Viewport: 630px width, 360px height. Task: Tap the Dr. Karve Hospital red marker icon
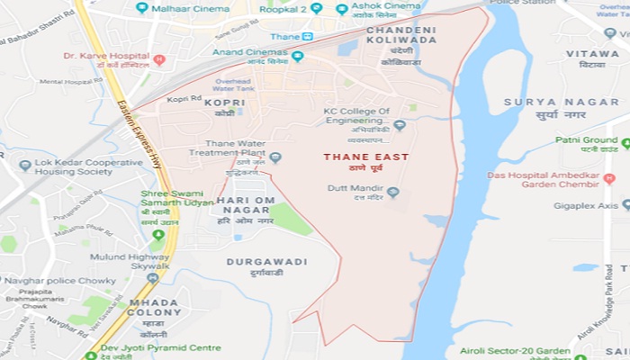click(159, 60)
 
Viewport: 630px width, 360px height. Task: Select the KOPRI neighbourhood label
click(224, 103)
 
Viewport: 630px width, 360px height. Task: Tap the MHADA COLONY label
click(154, 307)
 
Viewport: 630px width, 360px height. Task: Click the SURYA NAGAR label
click(544, 102)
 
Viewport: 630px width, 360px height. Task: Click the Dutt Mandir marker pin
click(392, 192)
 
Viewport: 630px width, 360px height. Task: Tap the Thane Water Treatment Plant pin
click(275, 157)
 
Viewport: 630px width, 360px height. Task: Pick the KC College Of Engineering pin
click(400, 126)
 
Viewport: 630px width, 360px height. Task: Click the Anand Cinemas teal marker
click(297, 56)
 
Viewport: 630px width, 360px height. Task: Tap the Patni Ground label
click(586, 140)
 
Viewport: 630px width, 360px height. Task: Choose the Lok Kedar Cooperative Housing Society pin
click(25, 166)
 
